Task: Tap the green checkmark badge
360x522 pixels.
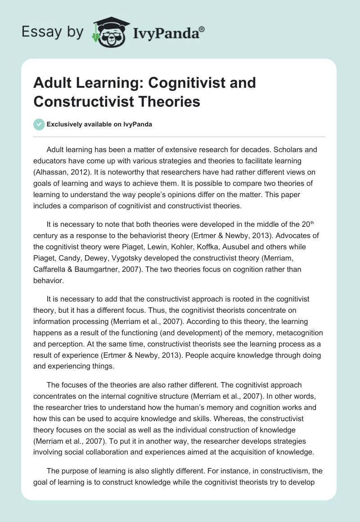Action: coord(39,125)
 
